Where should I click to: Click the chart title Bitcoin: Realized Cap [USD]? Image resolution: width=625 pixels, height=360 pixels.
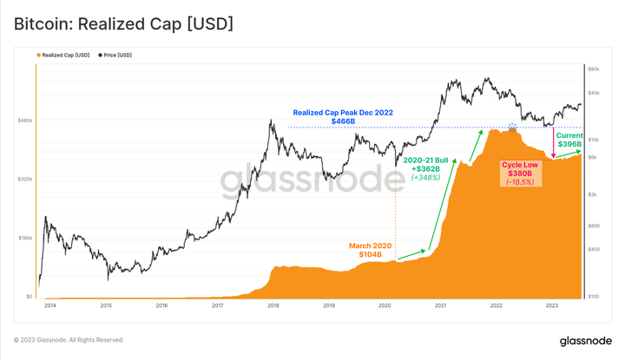click(123, 23)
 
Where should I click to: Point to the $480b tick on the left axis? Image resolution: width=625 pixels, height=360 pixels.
click(23, 121)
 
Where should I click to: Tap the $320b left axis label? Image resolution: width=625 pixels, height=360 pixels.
click(23, 180)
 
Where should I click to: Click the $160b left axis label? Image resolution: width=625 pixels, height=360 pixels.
click(23, 238)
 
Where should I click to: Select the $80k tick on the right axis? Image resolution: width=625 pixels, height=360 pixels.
click(595, 68)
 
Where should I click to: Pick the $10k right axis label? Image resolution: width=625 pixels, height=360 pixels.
click(595, 139)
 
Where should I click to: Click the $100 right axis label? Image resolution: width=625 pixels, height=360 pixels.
click(595, 297)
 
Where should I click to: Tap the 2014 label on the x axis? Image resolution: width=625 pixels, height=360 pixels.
click(49, 306)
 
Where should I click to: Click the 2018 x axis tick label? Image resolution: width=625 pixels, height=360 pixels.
click(273, 306)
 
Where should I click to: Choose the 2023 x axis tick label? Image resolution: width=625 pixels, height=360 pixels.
click(552, 306)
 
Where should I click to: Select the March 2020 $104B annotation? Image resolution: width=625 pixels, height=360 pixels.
click(371, 251)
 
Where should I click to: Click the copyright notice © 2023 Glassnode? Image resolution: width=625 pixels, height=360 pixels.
click(69, 339)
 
